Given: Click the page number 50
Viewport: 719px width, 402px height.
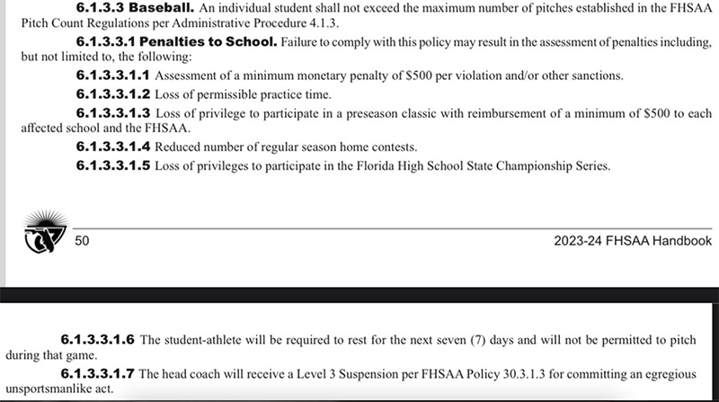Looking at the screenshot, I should tap(82, 240).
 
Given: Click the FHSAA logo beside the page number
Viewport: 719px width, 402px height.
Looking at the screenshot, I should tap(40, 232).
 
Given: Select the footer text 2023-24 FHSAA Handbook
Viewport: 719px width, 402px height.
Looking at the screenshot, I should tap(634, 240).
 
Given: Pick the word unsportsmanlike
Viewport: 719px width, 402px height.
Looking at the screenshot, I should tap(46, 389).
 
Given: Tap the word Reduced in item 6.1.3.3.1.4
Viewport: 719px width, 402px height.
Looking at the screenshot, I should tap(181, 147).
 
